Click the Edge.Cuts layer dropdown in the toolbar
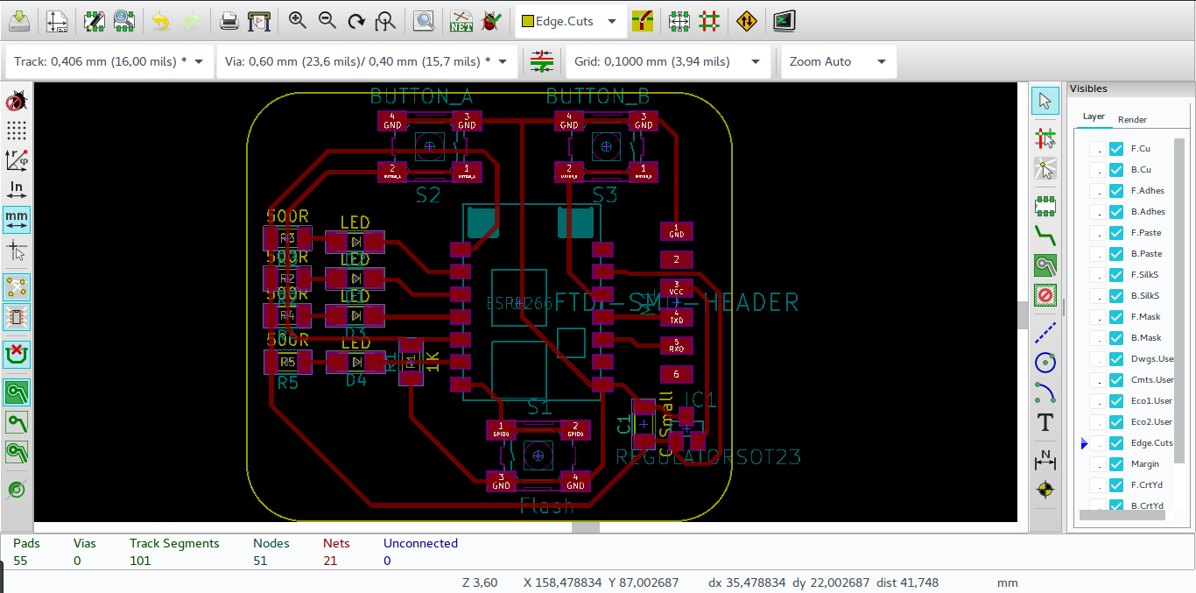click(x=570, y=21)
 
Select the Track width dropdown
click(x=109, y=62)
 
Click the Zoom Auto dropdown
click(x=838, y=62)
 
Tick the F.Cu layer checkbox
click(x=1116, y=149)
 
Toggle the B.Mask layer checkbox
click(x=1116, y=338)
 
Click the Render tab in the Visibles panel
click(x=1132, y=119)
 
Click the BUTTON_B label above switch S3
click(x=598, y=96)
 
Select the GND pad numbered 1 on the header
click(x=677, y=231)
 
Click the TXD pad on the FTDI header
click(x=677, y=316)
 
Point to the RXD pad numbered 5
click(x=677, y=345)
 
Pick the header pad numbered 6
click(x=677, y=374)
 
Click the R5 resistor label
click(x=288, y=383)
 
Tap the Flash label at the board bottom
click(x=546, y=505)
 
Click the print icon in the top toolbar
click(x=229, y=21)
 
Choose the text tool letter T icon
click(x=1045, y=423)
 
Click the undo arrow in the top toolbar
click(x=160, y=21)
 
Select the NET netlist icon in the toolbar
click(x=461, y=21)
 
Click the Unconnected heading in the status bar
click(x=420, y=543)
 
